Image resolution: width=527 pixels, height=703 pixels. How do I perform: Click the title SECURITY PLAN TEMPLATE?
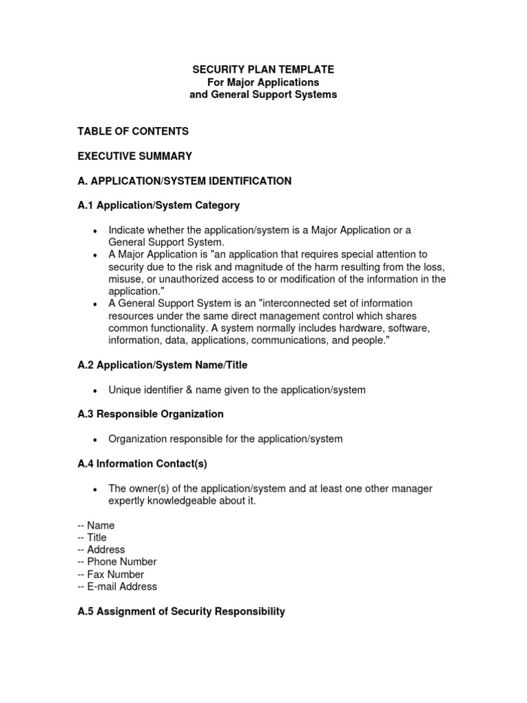263,69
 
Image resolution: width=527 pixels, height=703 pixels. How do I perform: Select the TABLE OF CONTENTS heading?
133,131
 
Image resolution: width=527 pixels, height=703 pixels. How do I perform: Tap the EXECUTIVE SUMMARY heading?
134,156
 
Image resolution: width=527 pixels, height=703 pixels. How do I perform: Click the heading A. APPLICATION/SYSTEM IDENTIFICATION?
185,181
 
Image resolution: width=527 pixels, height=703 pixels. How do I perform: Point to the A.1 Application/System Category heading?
159,205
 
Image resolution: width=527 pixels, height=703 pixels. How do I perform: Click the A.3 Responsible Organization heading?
150,414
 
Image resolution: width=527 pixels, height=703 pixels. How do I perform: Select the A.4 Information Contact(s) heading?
142,463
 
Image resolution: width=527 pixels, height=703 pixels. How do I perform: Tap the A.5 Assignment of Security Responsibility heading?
181,611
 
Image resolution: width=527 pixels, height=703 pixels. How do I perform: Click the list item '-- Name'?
96,525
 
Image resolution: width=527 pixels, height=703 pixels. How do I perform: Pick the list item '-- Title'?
92,538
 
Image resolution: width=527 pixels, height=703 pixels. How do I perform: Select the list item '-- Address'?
102,550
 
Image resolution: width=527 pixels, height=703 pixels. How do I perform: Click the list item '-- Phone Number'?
117,562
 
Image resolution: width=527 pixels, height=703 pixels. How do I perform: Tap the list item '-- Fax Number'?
111,574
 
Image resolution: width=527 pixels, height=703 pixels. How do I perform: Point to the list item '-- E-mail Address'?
117,586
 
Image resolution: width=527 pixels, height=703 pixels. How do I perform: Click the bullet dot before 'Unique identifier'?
94,391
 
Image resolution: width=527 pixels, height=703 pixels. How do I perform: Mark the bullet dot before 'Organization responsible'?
94,439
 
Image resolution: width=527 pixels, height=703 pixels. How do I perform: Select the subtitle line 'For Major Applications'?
263,82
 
